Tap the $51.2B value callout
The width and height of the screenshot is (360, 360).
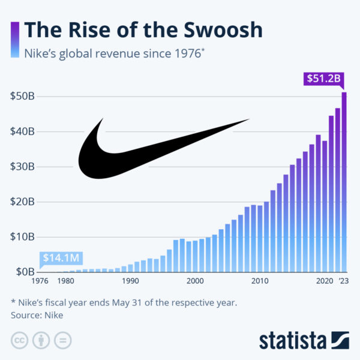(x=325, y=79)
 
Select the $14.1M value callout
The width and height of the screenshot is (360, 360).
(x=61, y=259)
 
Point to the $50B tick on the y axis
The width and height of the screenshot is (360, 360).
(x=22, y=97)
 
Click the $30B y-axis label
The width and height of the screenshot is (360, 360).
(x=22, y=167)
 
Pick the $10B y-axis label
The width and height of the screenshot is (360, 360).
(x=22, y=237)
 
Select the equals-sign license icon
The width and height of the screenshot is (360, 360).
(x=62, y=340)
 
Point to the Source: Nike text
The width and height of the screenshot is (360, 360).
(x=37, y=314)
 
